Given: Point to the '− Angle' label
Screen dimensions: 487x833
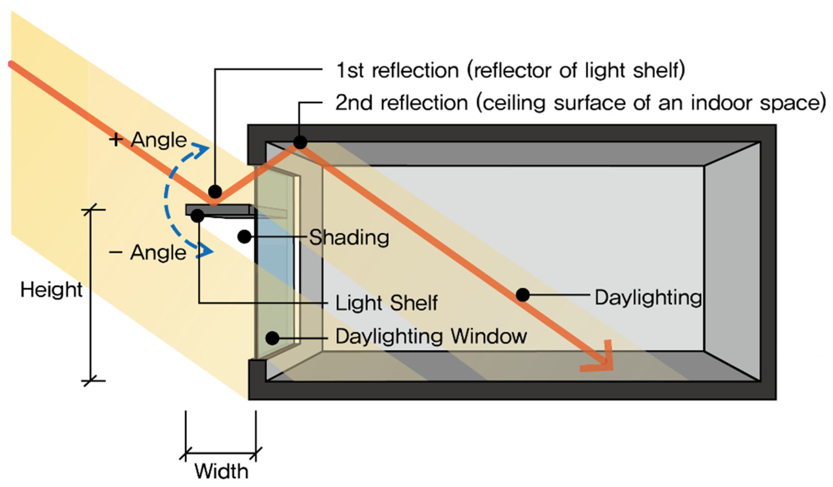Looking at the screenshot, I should pyautogui.click(x=148, y=253).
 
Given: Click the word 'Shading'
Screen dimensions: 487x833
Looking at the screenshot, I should pyautogui.click(x=349, y=237).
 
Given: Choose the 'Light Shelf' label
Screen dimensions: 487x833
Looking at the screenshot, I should pyautogui.click(x=386, y=303).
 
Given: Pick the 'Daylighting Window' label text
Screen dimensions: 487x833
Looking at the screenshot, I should pyautogui.click(x=431, y=337).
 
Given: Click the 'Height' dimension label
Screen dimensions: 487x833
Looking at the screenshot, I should pyautogui.click(x=51, y=290).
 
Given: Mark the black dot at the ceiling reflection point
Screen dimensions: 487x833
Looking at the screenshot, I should pyautogui.click(x=300, y=142).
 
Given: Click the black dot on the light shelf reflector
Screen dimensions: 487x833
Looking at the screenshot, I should pyautogui.click(x=215, y=191).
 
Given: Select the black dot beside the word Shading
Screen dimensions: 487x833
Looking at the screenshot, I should pyautogui.click(x=244, y=236).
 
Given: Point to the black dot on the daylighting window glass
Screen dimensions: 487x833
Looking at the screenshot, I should pyautogui.click(x=272, y=338).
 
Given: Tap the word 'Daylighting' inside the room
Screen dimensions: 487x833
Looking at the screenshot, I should pyautogui.click(x=648, y=297).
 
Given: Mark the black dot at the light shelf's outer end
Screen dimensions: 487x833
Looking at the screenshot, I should pyautogui.click(x=197, y=215).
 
